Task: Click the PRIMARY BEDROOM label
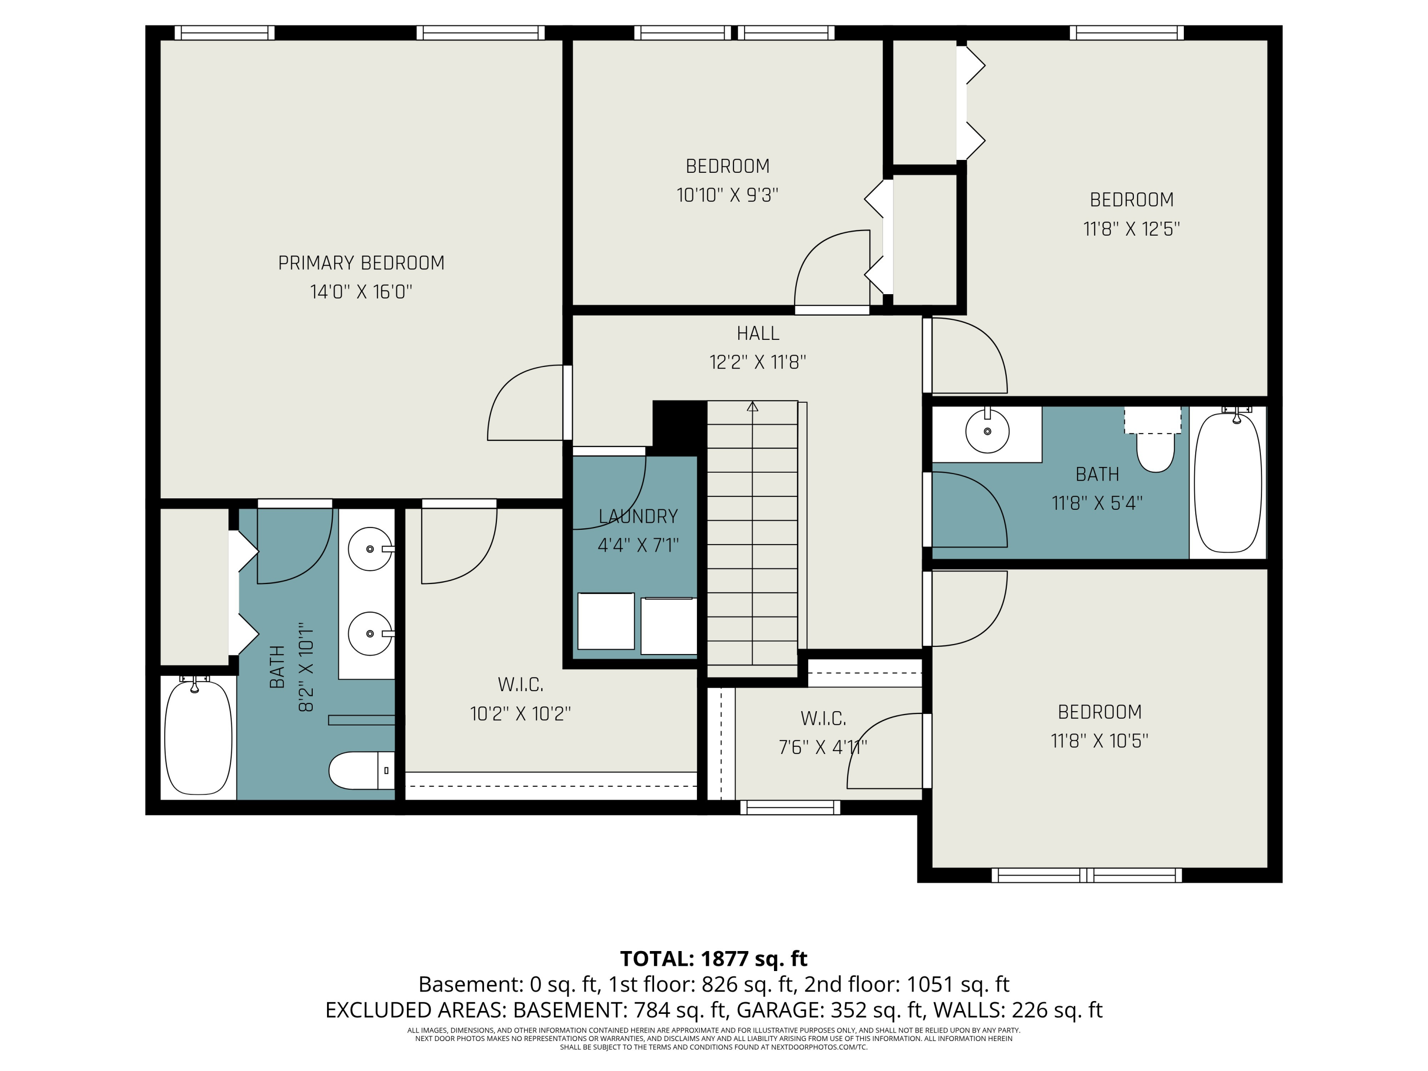pyautogui.click(x=361, y=263)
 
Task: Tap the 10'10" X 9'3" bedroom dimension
pyautogui.click(x=727, y=195)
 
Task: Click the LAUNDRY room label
pyautogui.click(x=638, y=516)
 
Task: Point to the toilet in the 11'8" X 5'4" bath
pyautogui.click(x=1155, y=451)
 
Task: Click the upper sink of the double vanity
pyautogui.click(x=370, y=549)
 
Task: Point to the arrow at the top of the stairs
pyautogui.click(x=752, y=407)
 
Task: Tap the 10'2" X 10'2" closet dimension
pyautogui.click(x=520, y=714)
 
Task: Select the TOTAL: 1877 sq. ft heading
pyautogui.click(x=714, y=958)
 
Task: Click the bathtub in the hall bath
pyautogui.click(x=1228, y=483)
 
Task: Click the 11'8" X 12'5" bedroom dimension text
pyautogui.click(x=1131, y=228)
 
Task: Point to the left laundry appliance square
pyautogui.click(x=605, y=621)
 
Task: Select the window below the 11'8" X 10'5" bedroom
pyautogui.click(x=1087, y=875)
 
